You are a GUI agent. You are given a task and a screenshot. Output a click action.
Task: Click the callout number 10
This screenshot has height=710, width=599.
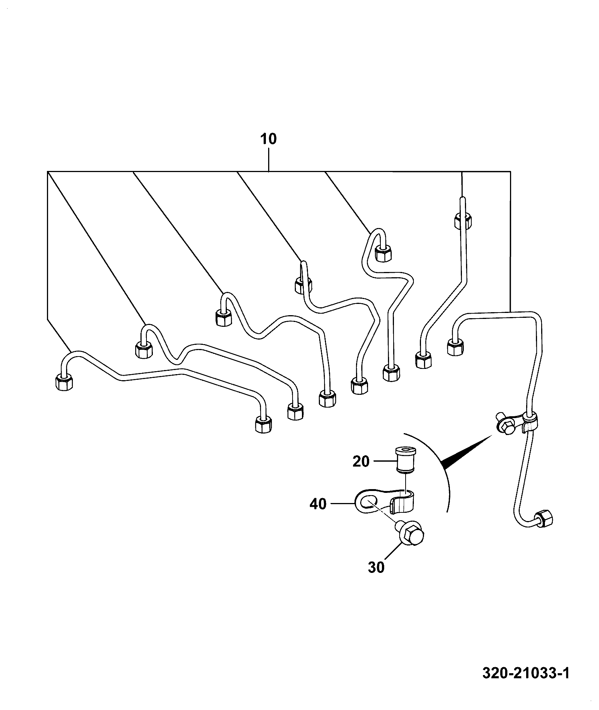click(269, 139)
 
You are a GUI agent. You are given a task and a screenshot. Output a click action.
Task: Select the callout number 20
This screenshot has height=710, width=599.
click(361, 461)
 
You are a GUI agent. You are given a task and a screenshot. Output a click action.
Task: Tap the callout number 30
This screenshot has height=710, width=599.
click(376, 567)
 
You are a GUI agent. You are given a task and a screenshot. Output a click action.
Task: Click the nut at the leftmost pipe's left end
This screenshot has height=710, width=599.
click(64, 382)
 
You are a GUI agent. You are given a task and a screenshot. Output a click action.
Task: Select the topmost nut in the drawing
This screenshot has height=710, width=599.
click(463, 221)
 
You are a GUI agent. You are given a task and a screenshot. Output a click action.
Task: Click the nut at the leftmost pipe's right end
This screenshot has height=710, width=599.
click(263, 424)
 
